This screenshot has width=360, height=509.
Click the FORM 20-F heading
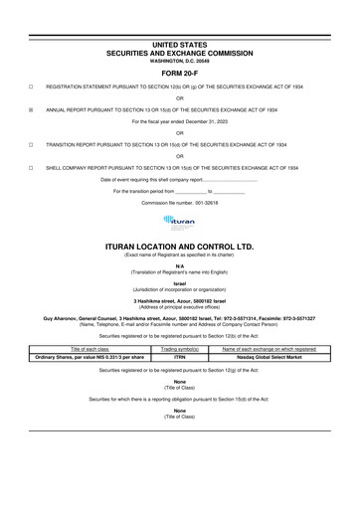[180, 75]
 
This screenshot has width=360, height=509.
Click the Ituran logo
[179, 222]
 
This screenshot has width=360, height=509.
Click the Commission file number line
[180, 202]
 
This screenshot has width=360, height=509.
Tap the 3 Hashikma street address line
[180, 301]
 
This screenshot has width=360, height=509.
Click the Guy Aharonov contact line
[180, 318]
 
